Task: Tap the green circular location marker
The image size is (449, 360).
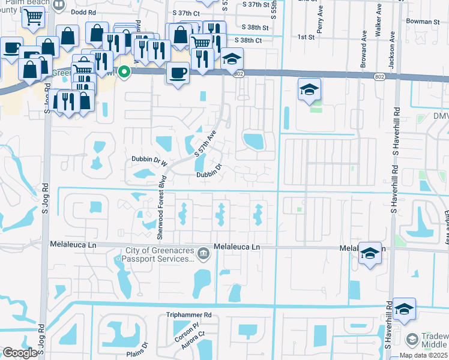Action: click(124, 72)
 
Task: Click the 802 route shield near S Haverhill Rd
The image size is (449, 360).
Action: click(397, 77)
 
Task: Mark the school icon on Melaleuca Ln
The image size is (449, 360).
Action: click(370, 254)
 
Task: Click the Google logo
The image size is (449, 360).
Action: click(20, 352)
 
